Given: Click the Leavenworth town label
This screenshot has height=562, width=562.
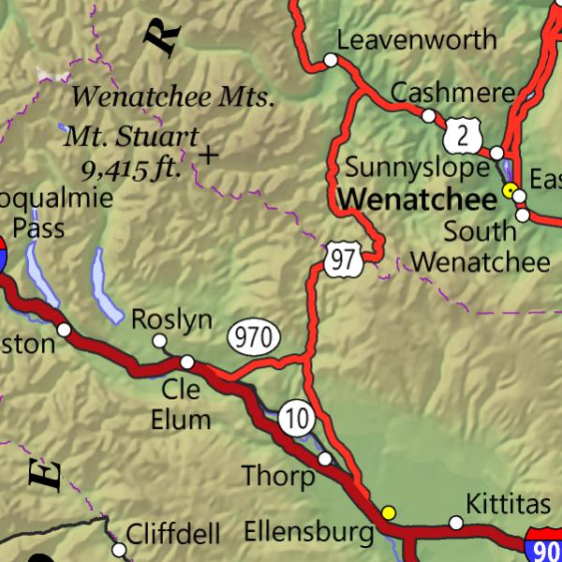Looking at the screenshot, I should point(417,39).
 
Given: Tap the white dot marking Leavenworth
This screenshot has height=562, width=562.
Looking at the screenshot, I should point(331,60).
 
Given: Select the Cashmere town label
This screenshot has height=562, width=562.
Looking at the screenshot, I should point(453,92).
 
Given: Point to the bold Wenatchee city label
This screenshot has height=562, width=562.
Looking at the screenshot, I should point(417,199).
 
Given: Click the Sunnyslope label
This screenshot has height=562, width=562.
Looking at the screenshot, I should point(417,168).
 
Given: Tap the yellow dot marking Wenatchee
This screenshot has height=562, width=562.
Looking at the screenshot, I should point(510,190).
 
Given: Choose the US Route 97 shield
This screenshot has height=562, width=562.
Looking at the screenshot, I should point(344,259).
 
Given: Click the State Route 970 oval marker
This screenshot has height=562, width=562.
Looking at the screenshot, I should point(253,337).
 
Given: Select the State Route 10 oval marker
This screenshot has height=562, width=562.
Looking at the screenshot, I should point(297,419).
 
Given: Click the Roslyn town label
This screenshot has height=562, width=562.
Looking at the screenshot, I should point(171,318).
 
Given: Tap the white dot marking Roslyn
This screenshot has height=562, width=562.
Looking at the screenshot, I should point(159,341).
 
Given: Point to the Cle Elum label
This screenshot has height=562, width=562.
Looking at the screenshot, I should point(181,405).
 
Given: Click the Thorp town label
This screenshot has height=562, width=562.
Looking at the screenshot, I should point(278,476).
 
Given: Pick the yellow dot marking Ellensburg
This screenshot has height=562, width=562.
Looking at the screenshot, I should point(388,512).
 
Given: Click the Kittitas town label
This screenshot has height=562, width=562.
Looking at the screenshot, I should point(509,505).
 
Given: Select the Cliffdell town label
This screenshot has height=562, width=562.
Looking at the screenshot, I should point(173,535).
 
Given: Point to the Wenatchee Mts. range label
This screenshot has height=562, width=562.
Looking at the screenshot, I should point(173,96).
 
